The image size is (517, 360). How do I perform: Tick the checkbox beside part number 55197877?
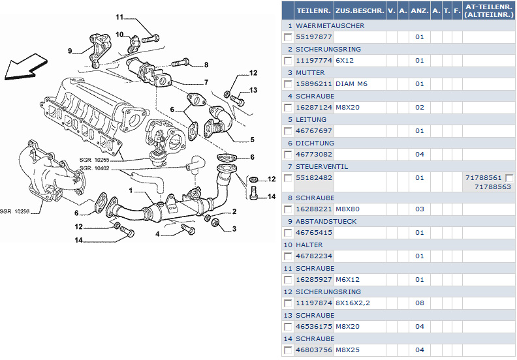288,37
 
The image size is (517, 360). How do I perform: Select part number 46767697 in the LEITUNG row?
314,131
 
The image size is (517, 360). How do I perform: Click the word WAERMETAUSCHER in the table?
330,25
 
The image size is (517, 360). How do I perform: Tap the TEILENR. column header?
313,10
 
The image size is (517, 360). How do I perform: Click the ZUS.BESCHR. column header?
359,10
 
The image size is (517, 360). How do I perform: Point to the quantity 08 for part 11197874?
419,303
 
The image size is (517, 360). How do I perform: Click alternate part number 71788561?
483,177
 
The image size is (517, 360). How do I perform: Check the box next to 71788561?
510,177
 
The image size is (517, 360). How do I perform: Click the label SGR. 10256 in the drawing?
14,211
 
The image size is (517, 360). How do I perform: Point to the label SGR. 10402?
94,168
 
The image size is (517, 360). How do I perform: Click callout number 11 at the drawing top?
120,16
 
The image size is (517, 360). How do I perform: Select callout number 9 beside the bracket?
69,50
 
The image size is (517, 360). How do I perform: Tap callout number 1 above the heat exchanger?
131,191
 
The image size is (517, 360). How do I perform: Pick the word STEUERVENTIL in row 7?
322,166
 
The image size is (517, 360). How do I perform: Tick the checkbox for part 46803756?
288,350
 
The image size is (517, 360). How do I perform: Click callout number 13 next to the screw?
253,90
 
